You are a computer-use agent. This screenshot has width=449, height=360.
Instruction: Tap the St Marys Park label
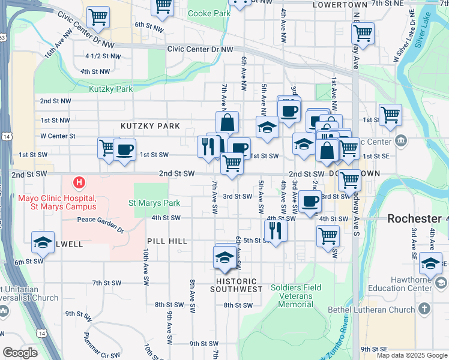coord(155,203)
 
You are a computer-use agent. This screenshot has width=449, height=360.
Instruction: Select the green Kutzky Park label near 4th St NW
coord(110,89)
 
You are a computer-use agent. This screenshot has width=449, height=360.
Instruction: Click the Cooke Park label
coord(209,13)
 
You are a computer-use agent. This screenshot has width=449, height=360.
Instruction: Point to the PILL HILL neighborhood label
coord(167,241)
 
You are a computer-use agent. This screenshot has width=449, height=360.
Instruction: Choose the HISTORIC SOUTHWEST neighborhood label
coord(237,285)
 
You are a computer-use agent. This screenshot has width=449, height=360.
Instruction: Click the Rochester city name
coord(414,218)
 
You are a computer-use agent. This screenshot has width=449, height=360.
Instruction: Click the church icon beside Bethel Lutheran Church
coord(425,309)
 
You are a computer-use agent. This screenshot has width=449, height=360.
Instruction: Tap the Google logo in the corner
coord(20,353)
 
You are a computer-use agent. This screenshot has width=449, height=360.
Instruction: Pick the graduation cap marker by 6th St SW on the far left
coord(43,242)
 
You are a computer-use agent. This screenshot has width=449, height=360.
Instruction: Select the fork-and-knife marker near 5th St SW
coord(276,229)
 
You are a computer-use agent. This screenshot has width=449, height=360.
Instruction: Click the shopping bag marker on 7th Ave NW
coord(228,122)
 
